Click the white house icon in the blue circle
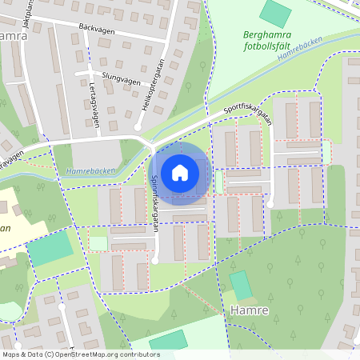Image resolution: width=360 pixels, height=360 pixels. point(180,172)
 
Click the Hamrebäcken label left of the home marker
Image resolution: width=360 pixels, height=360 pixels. point(93,170)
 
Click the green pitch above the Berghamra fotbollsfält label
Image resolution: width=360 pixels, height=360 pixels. point(276,12)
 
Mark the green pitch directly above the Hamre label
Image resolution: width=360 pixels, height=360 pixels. point(240,286)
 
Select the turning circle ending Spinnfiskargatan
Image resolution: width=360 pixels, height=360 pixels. point(156,260)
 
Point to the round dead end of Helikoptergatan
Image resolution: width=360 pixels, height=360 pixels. point(138,126)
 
